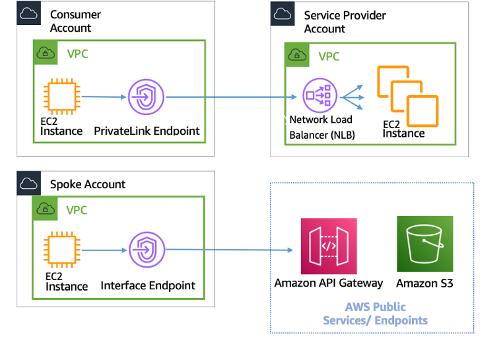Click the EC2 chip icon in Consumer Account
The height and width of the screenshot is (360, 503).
[x=61, y=96]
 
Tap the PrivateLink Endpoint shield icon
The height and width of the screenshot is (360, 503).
[x=146, y=97]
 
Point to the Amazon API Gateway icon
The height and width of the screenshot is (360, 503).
[x=328, y=246]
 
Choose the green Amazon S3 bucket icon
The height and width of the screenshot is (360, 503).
[x=424, y=244]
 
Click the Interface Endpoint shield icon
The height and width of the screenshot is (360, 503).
[x=146, y=250]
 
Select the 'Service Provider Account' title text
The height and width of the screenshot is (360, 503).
[x=345, y=22]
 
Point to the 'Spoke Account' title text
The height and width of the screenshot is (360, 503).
[x=87, y=184]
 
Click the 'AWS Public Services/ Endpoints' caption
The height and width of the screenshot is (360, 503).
[x=375, y=314]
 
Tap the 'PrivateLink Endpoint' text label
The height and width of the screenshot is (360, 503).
[x=147, y=131]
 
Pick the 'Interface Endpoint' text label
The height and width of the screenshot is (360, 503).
[x=148, y=285]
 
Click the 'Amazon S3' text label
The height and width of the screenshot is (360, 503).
[x=424, y=283]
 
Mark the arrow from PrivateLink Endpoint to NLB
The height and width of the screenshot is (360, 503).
[x=231, y=98]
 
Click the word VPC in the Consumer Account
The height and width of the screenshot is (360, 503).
[x=77, y=53]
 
